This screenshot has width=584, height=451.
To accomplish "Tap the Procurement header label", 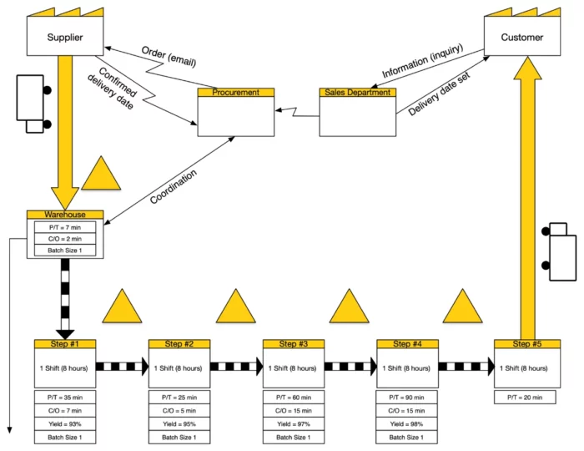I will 235,93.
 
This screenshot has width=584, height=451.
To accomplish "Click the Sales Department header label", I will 357,93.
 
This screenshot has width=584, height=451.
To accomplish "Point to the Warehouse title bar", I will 64,215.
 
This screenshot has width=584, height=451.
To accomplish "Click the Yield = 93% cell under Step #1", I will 65,423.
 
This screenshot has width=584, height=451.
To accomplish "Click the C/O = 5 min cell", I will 179,410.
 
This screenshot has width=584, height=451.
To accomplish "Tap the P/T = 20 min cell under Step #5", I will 524,398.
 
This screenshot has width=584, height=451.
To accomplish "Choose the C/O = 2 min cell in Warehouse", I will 64,239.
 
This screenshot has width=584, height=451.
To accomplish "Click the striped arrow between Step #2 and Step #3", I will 237,366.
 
